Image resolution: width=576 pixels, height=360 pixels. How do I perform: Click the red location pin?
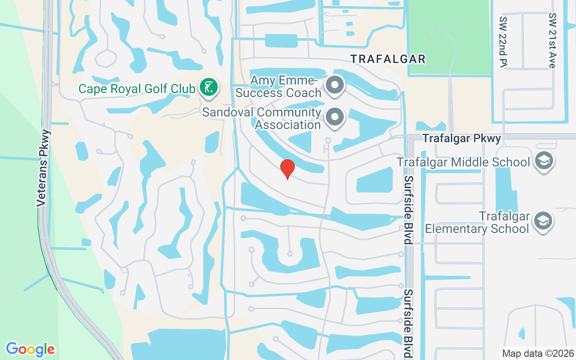click(287, 169)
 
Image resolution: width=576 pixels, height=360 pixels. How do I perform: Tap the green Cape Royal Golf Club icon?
click(208, 88)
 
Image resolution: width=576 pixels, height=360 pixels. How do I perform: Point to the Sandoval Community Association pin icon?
click(334, 117)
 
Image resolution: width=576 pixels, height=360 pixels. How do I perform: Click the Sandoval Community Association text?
click(262, 118)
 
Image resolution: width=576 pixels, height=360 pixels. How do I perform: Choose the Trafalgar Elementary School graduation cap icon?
click(543, 221)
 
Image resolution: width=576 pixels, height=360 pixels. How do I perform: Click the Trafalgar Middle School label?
click(463, 162)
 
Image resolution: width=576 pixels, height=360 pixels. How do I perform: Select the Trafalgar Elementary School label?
click(477, 222)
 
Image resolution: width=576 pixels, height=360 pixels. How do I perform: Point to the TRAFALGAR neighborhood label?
click(388, 59)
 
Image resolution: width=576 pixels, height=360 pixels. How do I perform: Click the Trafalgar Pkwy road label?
click(462, 139)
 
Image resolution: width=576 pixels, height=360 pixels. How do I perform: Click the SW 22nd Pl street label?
click(503, 43)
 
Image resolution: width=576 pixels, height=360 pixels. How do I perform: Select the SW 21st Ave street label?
click(552, 40)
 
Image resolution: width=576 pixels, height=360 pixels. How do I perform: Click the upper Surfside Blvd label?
click(408, 210)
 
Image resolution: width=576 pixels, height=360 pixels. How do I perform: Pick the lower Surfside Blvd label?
click(408, 323)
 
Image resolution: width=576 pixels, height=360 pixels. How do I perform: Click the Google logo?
click(30, 349)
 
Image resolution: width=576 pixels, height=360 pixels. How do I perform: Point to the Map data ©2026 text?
click(537, 353)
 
